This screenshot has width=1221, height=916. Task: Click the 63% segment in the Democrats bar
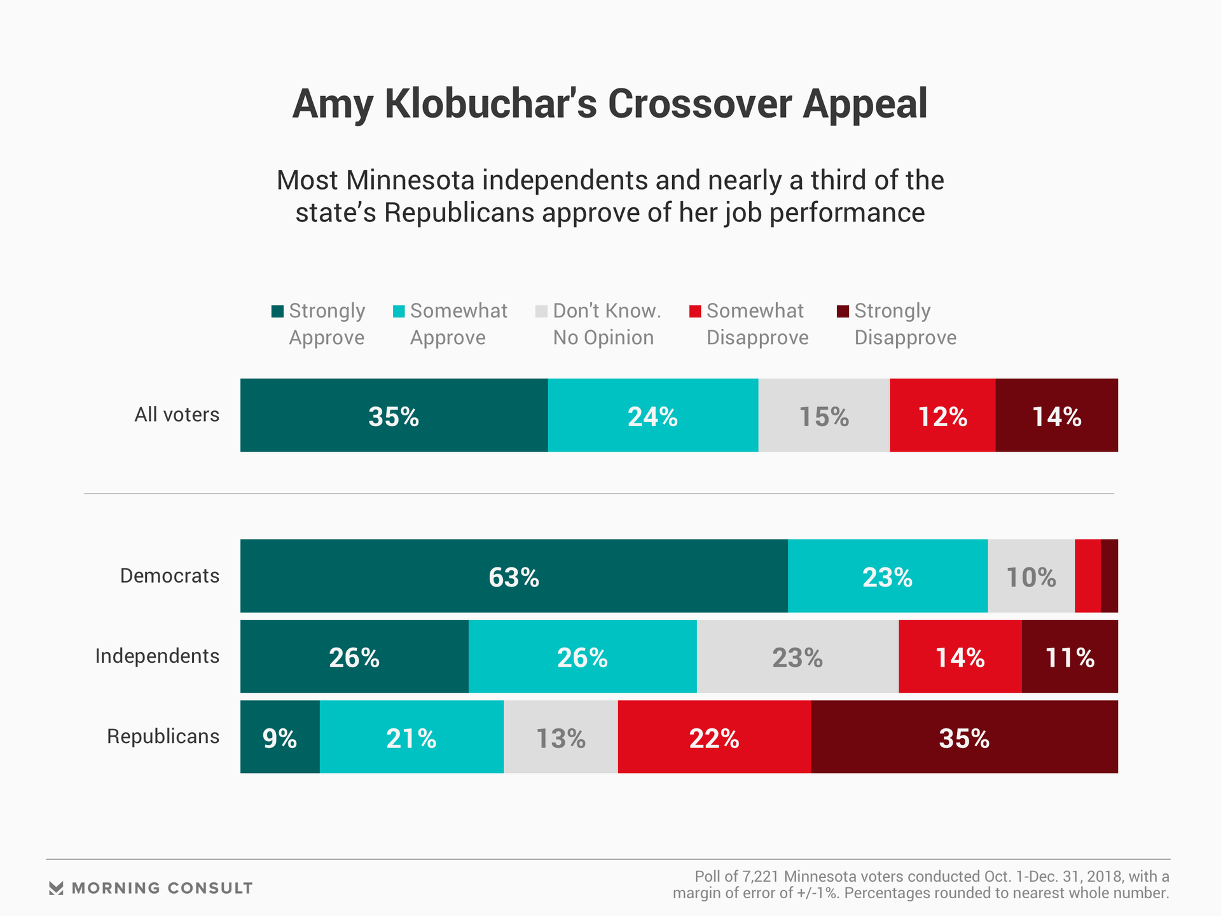pyautogui.click(x=514, y=576)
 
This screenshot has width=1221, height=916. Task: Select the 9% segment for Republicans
pyautogui.click(x=280, y=737)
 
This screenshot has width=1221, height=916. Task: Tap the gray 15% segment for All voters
pyautogui.click(x=824, y=415)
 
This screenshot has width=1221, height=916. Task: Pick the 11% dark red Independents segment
pyautogui.click(x=1070, y=656)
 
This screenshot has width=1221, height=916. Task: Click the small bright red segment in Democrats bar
pyautogui.click(x=1087, y=576)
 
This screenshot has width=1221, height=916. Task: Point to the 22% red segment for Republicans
pyautogui.click(x=714, y=737)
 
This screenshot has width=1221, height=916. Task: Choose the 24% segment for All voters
pyautogui.click(x=652, y=415)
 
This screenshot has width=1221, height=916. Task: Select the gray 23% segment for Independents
pyautogui.click(x=797, y=656)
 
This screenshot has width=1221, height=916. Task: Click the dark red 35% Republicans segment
pyautogui.click(x=964, y=737)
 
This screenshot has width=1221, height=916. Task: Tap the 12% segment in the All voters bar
pyautogui.click(x=942, y=415)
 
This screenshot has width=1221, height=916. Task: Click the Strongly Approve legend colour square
pyautogui.click(x=277, y=311)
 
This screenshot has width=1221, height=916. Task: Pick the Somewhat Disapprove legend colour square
pyautogui.click(x=695, y=311)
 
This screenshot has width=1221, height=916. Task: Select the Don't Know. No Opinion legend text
pyautogui.click(x=606, y=324)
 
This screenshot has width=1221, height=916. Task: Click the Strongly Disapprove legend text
pyautogui.click(x=904, y=324)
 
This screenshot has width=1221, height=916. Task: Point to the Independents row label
pyautogui.click(x=157, y=656)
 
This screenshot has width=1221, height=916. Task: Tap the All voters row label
pyautogui.click(x=177, y=415)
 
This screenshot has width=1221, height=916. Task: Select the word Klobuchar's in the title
pyautogui.click(x=490, y=104)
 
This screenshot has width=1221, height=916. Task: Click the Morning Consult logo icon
pyautogui.click(x=56, y=888)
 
